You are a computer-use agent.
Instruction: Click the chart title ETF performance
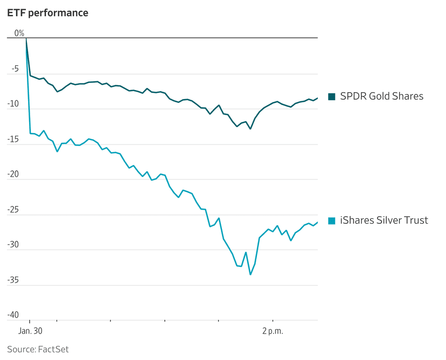[47, 13]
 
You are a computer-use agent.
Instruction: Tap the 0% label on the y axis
[19, 33]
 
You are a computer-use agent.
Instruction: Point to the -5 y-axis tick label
[16, 68]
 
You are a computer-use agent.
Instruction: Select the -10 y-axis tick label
[13, 103]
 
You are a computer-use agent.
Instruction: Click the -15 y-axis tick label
[13, 139]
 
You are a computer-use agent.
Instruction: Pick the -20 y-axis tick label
[13, 174]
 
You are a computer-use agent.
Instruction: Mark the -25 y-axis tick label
[13, 210]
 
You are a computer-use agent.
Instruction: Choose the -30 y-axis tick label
[13, 245]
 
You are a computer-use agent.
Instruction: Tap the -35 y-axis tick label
[13, 280]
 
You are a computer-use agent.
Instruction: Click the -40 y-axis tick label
[13, 315]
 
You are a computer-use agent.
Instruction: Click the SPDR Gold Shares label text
[381, 96]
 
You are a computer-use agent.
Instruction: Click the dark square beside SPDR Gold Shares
[332, 96]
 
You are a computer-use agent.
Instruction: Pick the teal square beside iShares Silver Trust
[332, 220]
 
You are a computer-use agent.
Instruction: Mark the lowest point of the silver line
[250, 274]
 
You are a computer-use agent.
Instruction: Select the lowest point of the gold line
[250, 128]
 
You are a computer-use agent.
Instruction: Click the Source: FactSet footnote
[38, 349]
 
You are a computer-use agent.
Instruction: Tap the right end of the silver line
[317, 222]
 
